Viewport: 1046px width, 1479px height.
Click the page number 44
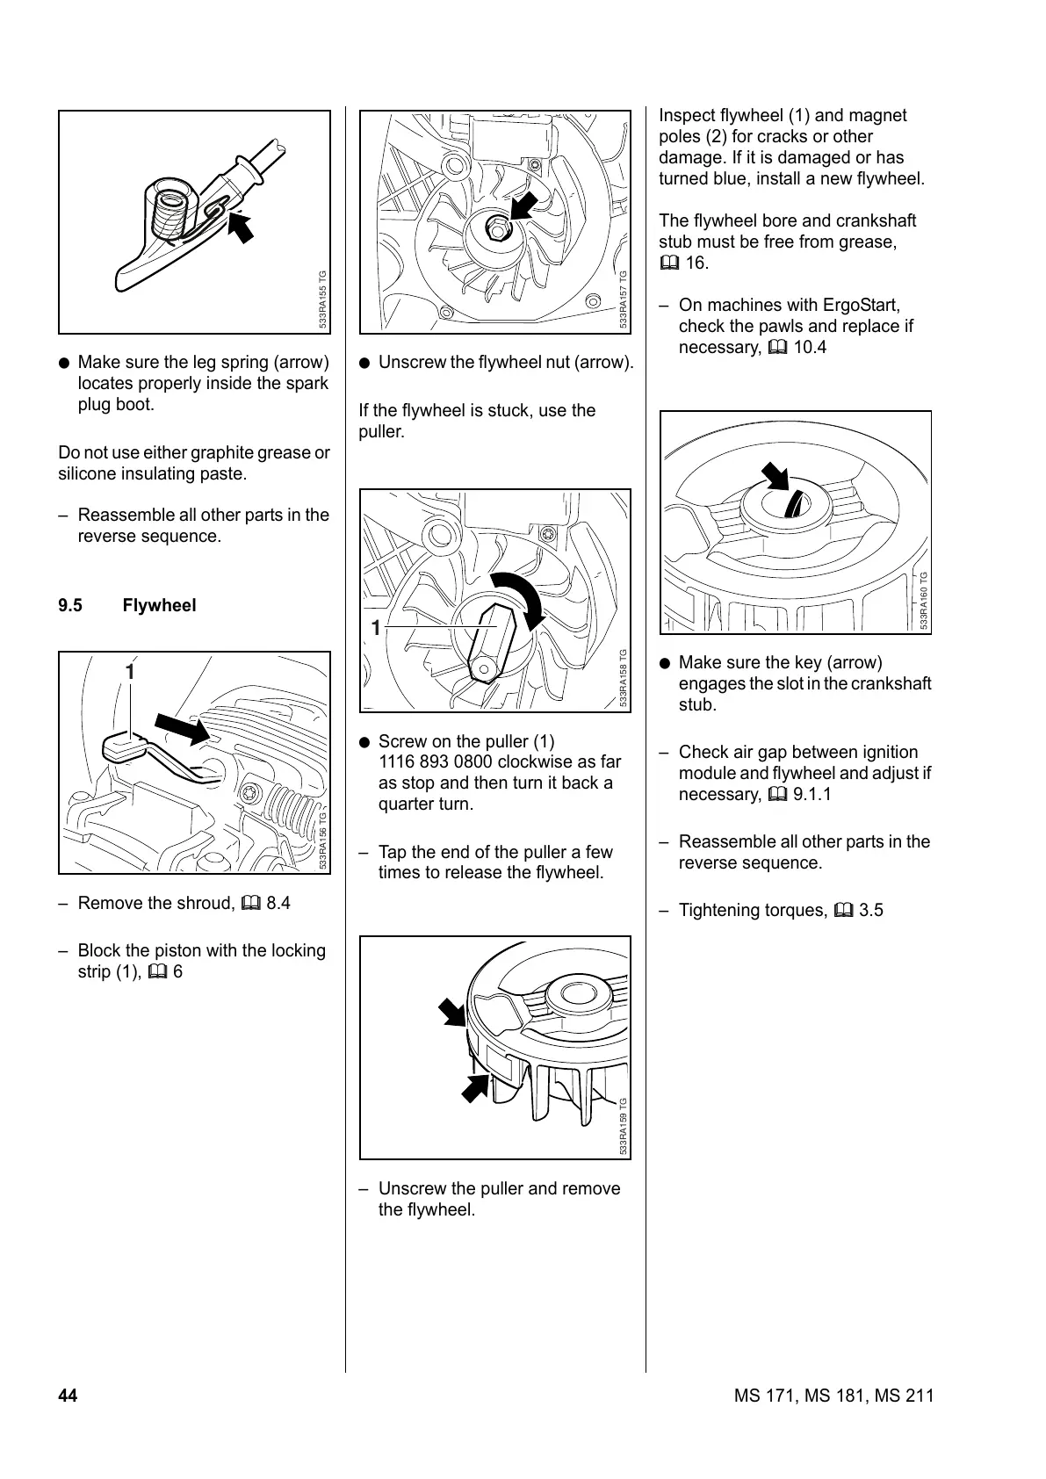click(68, 1396)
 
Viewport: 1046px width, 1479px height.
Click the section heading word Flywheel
click(159, 605)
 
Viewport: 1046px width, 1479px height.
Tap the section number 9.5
click(70, 605)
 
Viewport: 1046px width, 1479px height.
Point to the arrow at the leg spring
click(241, 227)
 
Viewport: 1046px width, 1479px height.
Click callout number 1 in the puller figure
click(376, 628)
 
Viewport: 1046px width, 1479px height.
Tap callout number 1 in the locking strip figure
click(130, 673)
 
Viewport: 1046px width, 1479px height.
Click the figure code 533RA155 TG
click(323, 299)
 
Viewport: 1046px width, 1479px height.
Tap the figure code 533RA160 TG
click(923, 600)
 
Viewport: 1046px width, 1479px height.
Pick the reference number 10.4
click(809, 347)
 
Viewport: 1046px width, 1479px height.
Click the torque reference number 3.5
click(871, 910)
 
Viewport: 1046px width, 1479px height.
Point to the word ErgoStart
click(861, 305)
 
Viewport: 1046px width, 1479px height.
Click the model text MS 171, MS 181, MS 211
click(833, 1396)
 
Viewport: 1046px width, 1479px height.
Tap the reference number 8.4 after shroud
click(278, 903)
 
